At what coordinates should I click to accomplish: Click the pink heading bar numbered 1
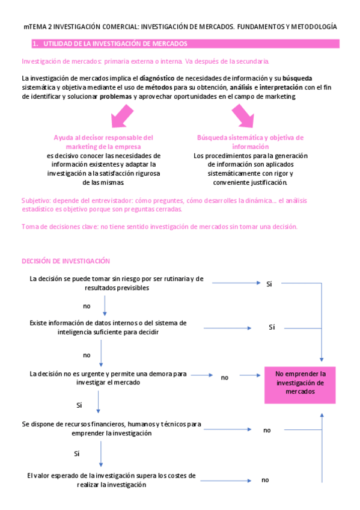pyautogui.click(x=180, y=44)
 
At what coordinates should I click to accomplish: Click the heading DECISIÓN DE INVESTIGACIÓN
pyautogui.click(x=66, y=261)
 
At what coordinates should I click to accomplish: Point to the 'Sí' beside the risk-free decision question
pyautogui.click(x=269, y=283)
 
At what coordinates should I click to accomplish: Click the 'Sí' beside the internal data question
pyautogui.click(x=272, y=327)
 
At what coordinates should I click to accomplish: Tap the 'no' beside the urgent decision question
pyautogui.click(x=225, y=378)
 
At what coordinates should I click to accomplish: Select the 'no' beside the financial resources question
pyautogui.click(x=267, y=430)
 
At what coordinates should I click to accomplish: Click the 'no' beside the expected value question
pyautogui.click(x=265, y=480)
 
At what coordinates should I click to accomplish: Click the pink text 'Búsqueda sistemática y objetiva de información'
pyautogui.click(x=250, y=142)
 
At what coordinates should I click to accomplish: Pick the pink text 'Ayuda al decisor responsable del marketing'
pyautogui.click(x=103, y=142)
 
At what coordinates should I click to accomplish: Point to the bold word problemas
pyautogui.click(x=117, y=96)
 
